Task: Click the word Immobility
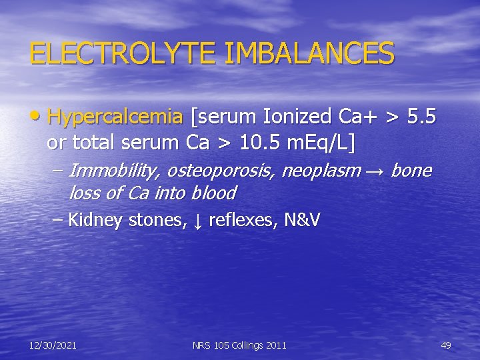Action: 113,171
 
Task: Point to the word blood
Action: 213,193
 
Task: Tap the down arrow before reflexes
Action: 198,221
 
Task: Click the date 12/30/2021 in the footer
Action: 53,345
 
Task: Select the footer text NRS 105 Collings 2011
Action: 239,345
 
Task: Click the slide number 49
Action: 446,345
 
